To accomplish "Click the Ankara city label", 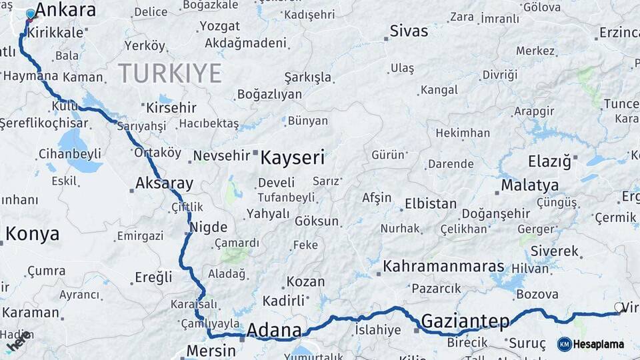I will tap(65, 10).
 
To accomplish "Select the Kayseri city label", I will tap(292, 158).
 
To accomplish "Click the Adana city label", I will tap(274, 330).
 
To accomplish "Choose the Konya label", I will tap(33, 234).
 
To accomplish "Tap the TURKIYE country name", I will tap(170, 73).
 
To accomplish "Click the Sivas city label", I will tap(409, 31).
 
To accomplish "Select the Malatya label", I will tap(530, 185).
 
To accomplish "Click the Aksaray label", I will tap(164, 183).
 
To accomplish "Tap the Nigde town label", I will tap(209, 227).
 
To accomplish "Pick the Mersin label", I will tap(211, 351).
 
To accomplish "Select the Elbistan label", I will tap(431, 203).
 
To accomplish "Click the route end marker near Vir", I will tap(617, 310).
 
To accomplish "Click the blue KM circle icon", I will tap(564, 344).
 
